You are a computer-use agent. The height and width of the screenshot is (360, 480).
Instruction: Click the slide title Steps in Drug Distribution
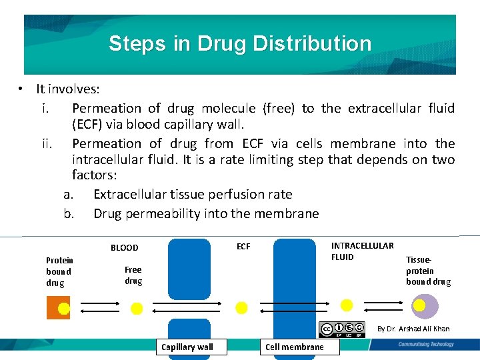240,44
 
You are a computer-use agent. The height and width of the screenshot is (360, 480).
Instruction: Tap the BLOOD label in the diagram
125,247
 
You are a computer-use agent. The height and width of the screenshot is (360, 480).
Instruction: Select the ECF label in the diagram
243,247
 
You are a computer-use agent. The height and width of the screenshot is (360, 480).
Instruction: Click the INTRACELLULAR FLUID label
362,251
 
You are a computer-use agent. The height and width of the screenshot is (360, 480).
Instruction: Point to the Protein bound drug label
59,271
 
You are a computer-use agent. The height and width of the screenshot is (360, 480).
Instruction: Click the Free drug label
133,275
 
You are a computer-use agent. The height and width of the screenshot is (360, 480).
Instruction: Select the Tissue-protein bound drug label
428,271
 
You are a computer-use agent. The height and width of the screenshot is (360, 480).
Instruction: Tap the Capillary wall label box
187,347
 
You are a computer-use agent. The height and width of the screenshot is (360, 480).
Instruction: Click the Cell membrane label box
295,347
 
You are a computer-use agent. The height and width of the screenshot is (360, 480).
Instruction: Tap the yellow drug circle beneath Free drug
136,308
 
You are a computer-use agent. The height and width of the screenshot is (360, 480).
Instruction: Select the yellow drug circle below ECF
242,307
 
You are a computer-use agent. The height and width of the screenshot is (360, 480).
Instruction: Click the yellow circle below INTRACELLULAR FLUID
347,305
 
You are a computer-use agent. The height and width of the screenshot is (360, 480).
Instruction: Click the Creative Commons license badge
343,329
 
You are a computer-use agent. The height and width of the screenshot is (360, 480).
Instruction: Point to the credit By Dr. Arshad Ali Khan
413,329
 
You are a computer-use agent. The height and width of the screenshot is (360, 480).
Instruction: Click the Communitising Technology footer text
425,344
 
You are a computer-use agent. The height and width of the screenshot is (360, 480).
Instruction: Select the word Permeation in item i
107,108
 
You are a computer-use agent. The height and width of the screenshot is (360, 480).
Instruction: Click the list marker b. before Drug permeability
68,214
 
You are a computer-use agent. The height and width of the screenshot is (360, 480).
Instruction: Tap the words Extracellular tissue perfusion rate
193,194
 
